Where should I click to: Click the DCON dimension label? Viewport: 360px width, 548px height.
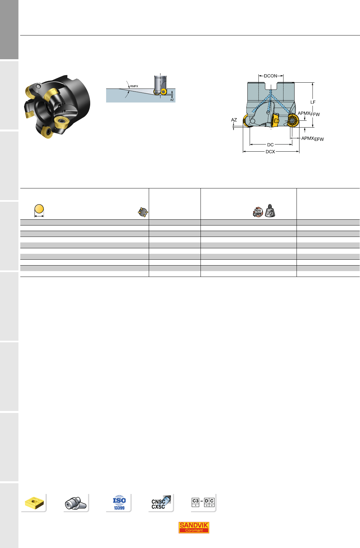(x=270, y=76)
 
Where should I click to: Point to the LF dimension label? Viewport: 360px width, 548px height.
(x=313, y=102)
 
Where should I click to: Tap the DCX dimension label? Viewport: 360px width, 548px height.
(x=270, y=152)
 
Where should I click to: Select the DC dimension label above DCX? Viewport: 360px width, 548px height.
(x=270, y=145)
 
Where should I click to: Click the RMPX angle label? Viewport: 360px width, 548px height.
(x=134, y=86)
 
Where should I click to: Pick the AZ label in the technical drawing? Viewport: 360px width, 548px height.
(x=234, y=120)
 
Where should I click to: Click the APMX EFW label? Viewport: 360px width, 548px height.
(x=312, y=139)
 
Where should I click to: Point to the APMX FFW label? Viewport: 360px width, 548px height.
(x=309, y=114)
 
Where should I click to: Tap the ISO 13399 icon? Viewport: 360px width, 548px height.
(x=119, y=503)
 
